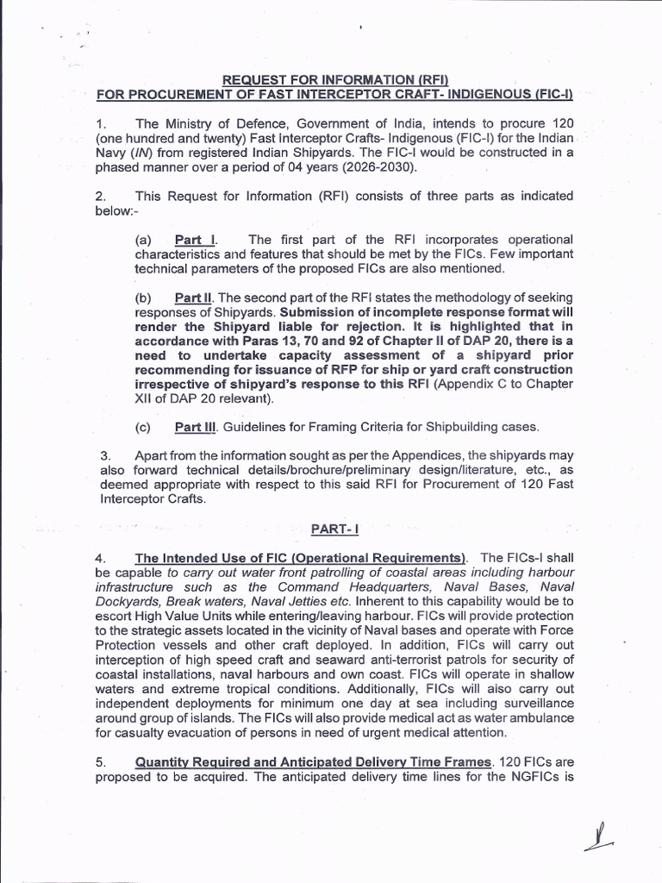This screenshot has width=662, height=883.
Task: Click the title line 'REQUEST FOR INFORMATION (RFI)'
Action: (x=334, y=80)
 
